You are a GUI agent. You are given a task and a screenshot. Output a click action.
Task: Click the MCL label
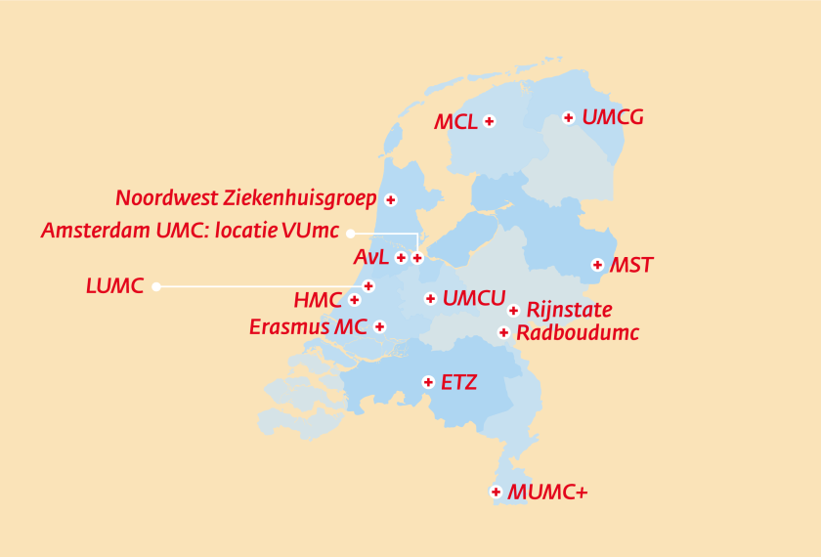pyautogui.click(x=455, y=122)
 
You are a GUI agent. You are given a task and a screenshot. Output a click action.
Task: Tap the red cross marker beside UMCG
pyautogui.click(x=568, y=117)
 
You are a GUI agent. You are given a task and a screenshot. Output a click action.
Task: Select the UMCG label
pyautogui.click(x=613, y=117)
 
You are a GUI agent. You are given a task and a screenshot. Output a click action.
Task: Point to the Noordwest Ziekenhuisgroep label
pyautogui.click(x=246, y=198)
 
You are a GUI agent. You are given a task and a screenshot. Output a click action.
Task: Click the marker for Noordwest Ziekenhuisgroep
pyautogui.click(x=391, y=199)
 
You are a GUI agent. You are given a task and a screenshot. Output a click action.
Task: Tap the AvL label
pyautogui.click(x=370, y=258)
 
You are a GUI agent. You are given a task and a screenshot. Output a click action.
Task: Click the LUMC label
pyautogui.click(x=114, y=286)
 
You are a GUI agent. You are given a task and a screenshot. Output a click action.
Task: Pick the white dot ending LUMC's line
pyautogui.click(x=156, y=286)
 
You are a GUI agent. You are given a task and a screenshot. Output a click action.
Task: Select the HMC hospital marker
pyautogui.click(x=354, y=300)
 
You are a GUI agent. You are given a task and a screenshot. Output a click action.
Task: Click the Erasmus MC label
pyautogui.click(x=308, y=326)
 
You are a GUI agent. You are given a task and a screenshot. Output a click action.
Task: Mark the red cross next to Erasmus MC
pyautogui.click(x=379, y=326)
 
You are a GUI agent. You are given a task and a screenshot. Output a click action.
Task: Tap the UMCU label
pyautogui.click(x=474, y=298)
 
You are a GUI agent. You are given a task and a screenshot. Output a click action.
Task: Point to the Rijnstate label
pyautogui.click(x=569, y=311)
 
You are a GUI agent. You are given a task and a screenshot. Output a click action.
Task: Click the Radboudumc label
pyautogui.click(x=577, y=333)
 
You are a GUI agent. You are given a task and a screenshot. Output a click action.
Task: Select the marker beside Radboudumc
pyautogui.click(x=503, y=332)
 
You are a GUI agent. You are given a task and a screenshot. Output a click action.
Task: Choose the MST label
pyautogui.click(x=631, y=265)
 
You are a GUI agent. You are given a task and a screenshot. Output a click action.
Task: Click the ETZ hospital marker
pyautogui.click(x=427, y=382)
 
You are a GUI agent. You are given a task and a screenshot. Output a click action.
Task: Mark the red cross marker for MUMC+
pyautogui.click(x=496, y=492)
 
